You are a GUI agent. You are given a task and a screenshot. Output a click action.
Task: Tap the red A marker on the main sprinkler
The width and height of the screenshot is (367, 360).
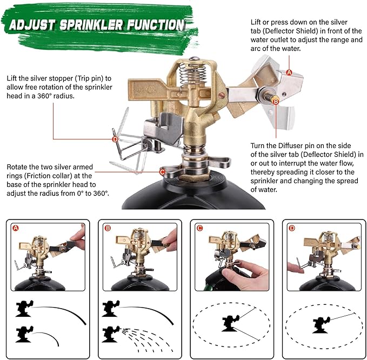tap(289, 72)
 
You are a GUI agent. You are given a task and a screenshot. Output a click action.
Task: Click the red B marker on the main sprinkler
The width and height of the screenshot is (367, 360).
tap(275, 101)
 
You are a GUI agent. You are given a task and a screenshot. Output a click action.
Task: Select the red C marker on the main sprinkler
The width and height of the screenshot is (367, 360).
tap(162, 172)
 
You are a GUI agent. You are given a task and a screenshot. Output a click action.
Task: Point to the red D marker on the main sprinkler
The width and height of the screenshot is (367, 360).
tap(115, 139)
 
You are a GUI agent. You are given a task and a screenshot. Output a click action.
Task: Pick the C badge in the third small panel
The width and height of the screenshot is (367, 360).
tap(199, 228)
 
